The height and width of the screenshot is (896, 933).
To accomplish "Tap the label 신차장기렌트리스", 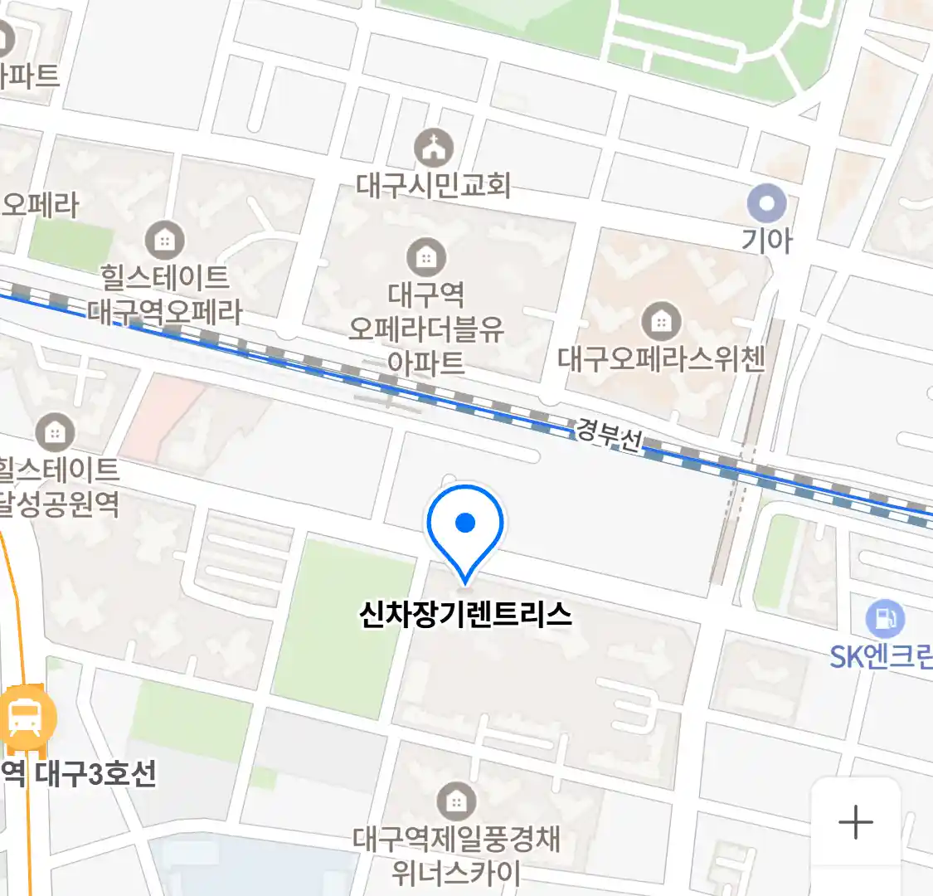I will [465, 615].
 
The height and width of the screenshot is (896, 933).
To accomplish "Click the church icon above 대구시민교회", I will [434, 149].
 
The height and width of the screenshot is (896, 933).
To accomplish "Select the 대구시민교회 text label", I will [434, 184].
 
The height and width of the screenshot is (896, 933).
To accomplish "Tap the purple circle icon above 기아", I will [766, 203].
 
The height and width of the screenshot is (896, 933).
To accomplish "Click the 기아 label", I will [766, 241].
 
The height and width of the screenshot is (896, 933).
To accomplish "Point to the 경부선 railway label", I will [610, 435].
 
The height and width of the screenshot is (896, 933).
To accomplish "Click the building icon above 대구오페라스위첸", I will [661, 321].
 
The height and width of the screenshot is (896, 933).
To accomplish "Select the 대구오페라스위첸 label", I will [661, 358].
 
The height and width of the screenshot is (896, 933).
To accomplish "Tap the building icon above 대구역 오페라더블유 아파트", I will [426, 256].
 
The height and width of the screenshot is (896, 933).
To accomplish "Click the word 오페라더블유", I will [426, 329].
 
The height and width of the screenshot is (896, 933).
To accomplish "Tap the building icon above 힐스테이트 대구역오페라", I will [164, 240].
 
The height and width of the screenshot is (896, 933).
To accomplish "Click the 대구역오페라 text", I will [165, 312].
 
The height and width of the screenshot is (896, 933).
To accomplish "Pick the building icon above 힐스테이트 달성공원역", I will [55, 431].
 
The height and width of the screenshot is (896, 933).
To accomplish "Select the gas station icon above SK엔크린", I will [885, 618].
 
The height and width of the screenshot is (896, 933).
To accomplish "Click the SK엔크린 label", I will [881, 657].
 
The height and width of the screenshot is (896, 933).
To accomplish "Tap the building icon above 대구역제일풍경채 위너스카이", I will [455, 801].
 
